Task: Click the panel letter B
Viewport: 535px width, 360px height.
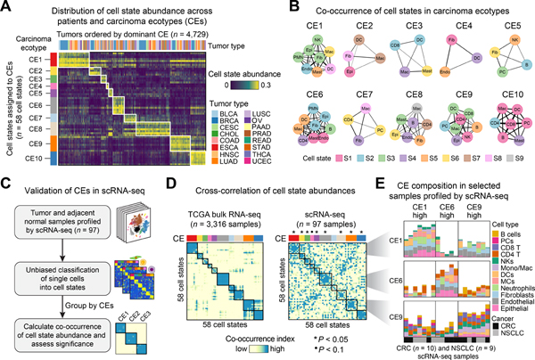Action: pos(273,7)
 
